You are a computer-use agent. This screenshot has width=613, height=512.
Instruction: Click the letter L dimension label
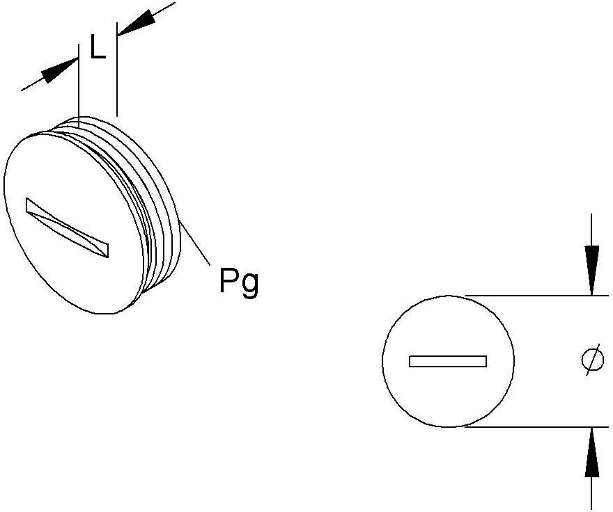[98, 47]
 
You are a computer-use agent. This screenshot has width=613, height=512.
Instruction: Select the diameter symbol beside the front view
[592, 360]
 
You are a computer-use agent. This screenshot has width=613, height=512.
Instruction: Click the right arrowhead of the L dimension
[135, 22]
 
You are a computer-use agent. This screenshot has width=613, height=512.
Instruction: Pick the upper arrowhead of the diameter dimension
[592, 270]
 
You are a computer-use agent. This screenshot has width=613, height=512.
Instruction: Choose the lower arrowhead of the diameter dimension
[592, 452]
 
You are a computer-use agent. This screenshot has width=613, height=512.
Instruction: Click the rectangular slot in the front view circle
[448, 361]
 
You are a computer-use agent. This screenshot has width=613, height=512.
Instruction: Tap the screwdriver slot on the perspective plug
[68, 227]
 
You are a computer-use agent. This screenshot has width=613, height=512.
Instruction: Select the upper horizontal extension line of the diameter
[536, 295]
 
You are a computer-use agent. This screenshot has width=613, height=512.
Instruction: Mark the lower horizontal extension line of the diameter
[536, 427]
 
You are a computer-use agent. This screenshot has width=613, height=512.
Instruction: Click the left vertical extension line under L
[79, 86]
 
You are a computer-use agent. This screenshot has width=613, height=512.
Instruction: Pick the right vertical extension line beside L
[116, 70]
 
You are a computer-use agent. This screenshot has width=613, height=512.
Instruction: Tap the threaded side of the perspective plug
[156, 203]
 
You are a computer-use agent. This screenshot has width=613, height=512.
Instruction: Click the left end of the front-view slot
[410, 361]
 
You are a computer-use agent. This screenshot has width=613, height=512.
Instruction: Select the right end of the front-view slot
[486, 361]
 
